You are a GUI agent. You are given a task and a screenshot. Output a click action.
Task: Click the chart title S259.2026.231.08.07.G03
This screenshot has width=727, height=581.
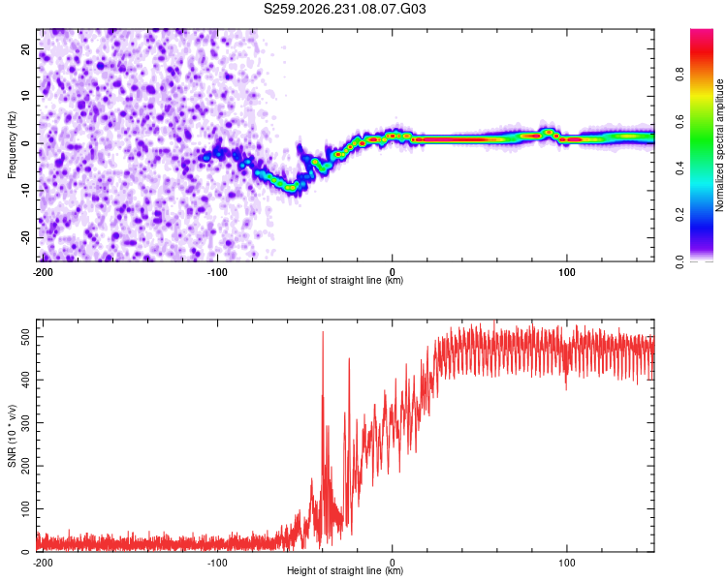[x=344, y=9]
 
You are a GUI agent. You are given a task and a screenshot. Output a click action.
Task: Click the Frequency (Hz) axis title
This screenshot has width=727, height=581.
[x=12, y=145]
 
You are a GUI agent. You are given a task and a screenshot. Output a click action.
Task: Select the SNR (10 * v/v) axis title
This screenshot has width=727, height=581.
[x=12, y=436]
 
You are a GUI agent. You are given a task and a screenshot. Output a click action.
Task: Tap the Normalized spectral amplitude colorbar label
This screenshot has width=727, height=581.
[x=719, y=145]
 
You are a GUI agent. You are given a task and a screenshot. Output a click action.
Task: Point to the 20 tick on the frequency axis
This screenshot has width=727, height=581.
[x=25, y=48]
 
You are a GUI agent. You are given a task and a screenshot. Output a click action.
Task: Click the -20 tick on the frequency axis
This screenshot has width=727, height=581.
[x=25, y=238]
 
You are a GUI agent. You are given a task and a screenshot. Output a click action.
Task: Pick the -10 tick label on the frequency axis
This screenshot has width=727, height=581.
[x=25, y=191]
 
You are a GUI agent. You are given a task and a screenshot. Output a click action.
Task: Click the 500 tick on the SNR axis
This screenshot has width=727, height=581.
[x=25, y=337]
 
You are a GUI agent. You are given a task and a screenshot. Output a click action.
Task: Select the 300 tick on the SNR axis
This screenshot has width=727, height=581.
[x=25, y=423]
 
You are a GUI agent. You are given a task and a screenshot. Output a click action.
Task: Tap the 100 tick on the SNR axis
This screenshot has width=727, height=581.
[x=25, y=509]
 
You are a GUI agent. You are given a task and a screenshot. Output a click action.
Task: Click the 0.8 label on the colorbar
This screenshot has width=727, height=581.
[x=680, y=75]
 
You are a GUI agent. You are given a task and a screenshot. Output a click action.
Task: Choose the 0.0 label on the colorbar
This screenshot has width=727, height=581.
[x=680, y=262]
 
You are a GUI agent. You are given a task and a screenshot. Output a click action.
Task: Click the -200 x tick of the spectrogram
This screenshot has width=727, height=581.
[x=43, y=272]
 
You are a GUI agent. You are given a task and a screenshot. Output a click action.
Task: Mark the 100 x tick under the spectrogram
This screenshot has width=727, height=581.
[x=567, y=272]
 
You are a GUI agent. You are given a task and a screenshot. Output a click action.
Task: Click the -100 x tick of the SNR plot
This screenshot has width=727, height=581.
[x=217, y=563]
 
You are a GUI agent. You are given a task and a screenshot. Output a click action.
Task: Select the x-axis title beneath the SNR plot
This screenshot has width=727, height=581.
[x=345, y=570]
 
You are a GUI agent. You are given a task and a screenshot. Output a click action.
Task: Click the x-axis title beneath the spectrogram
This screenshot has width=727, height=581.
[x=345, y=280]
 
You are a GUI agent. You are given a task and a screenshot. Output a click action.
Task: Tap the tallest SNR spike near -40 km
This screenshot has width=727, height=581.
[x=323, y=332]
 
